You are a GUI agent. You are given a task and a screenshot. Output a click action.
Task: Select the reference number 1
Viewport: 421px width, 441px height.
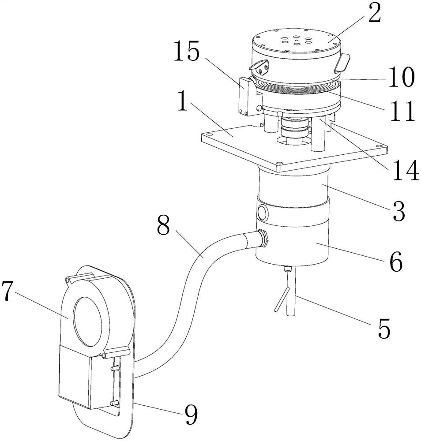tap(184, 102)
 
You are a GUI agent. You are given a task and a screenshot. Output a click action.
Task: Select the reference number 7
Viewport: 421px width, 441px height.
tap(8, 292)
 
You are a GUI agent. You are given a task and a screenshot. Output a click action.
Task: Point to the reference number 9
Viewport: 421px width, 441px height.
tap(191, 415)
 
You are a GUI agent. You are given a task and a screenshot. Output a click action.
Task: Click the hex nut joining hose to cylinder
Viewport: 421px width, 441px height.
tap(263, 238)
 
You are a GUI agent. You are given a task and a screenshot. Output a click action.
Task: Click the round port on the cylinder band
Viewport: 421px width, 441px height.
tap(263, 213)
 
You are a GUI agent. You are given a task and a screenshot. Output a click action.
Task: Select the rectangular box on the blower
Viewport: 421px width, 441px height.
tap(75, 377)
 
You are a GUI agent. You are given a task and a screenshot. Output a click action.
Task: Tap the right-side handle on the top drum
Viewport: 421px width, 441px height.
tap(342, 63)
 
